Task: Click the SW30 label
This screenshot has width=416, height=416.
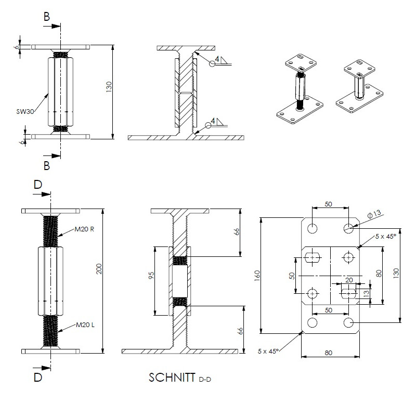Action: click(x=25, y=110)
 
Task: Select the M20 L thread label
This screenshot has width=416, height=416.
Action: click(x=84, y=325)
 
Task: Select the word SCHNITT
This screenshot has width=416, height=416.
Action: click(x=172, y=378)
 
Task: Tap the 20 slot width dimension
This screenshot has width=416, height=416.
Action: click(x=349, y=280)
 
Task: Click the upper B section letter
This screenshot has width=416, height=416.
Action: click(x=47, y=17)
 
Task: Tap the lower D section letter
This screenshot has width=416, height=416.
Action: click(x=37, y=378)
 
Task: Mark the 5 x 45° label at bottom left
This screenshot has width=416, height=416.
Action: click(x=268, y=351)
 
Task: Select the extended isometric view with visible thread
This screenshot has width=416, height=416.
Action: click(x=301, y=88)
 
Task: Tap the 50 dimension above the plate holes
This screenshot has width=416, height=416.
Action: click(x=329, y=204)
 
